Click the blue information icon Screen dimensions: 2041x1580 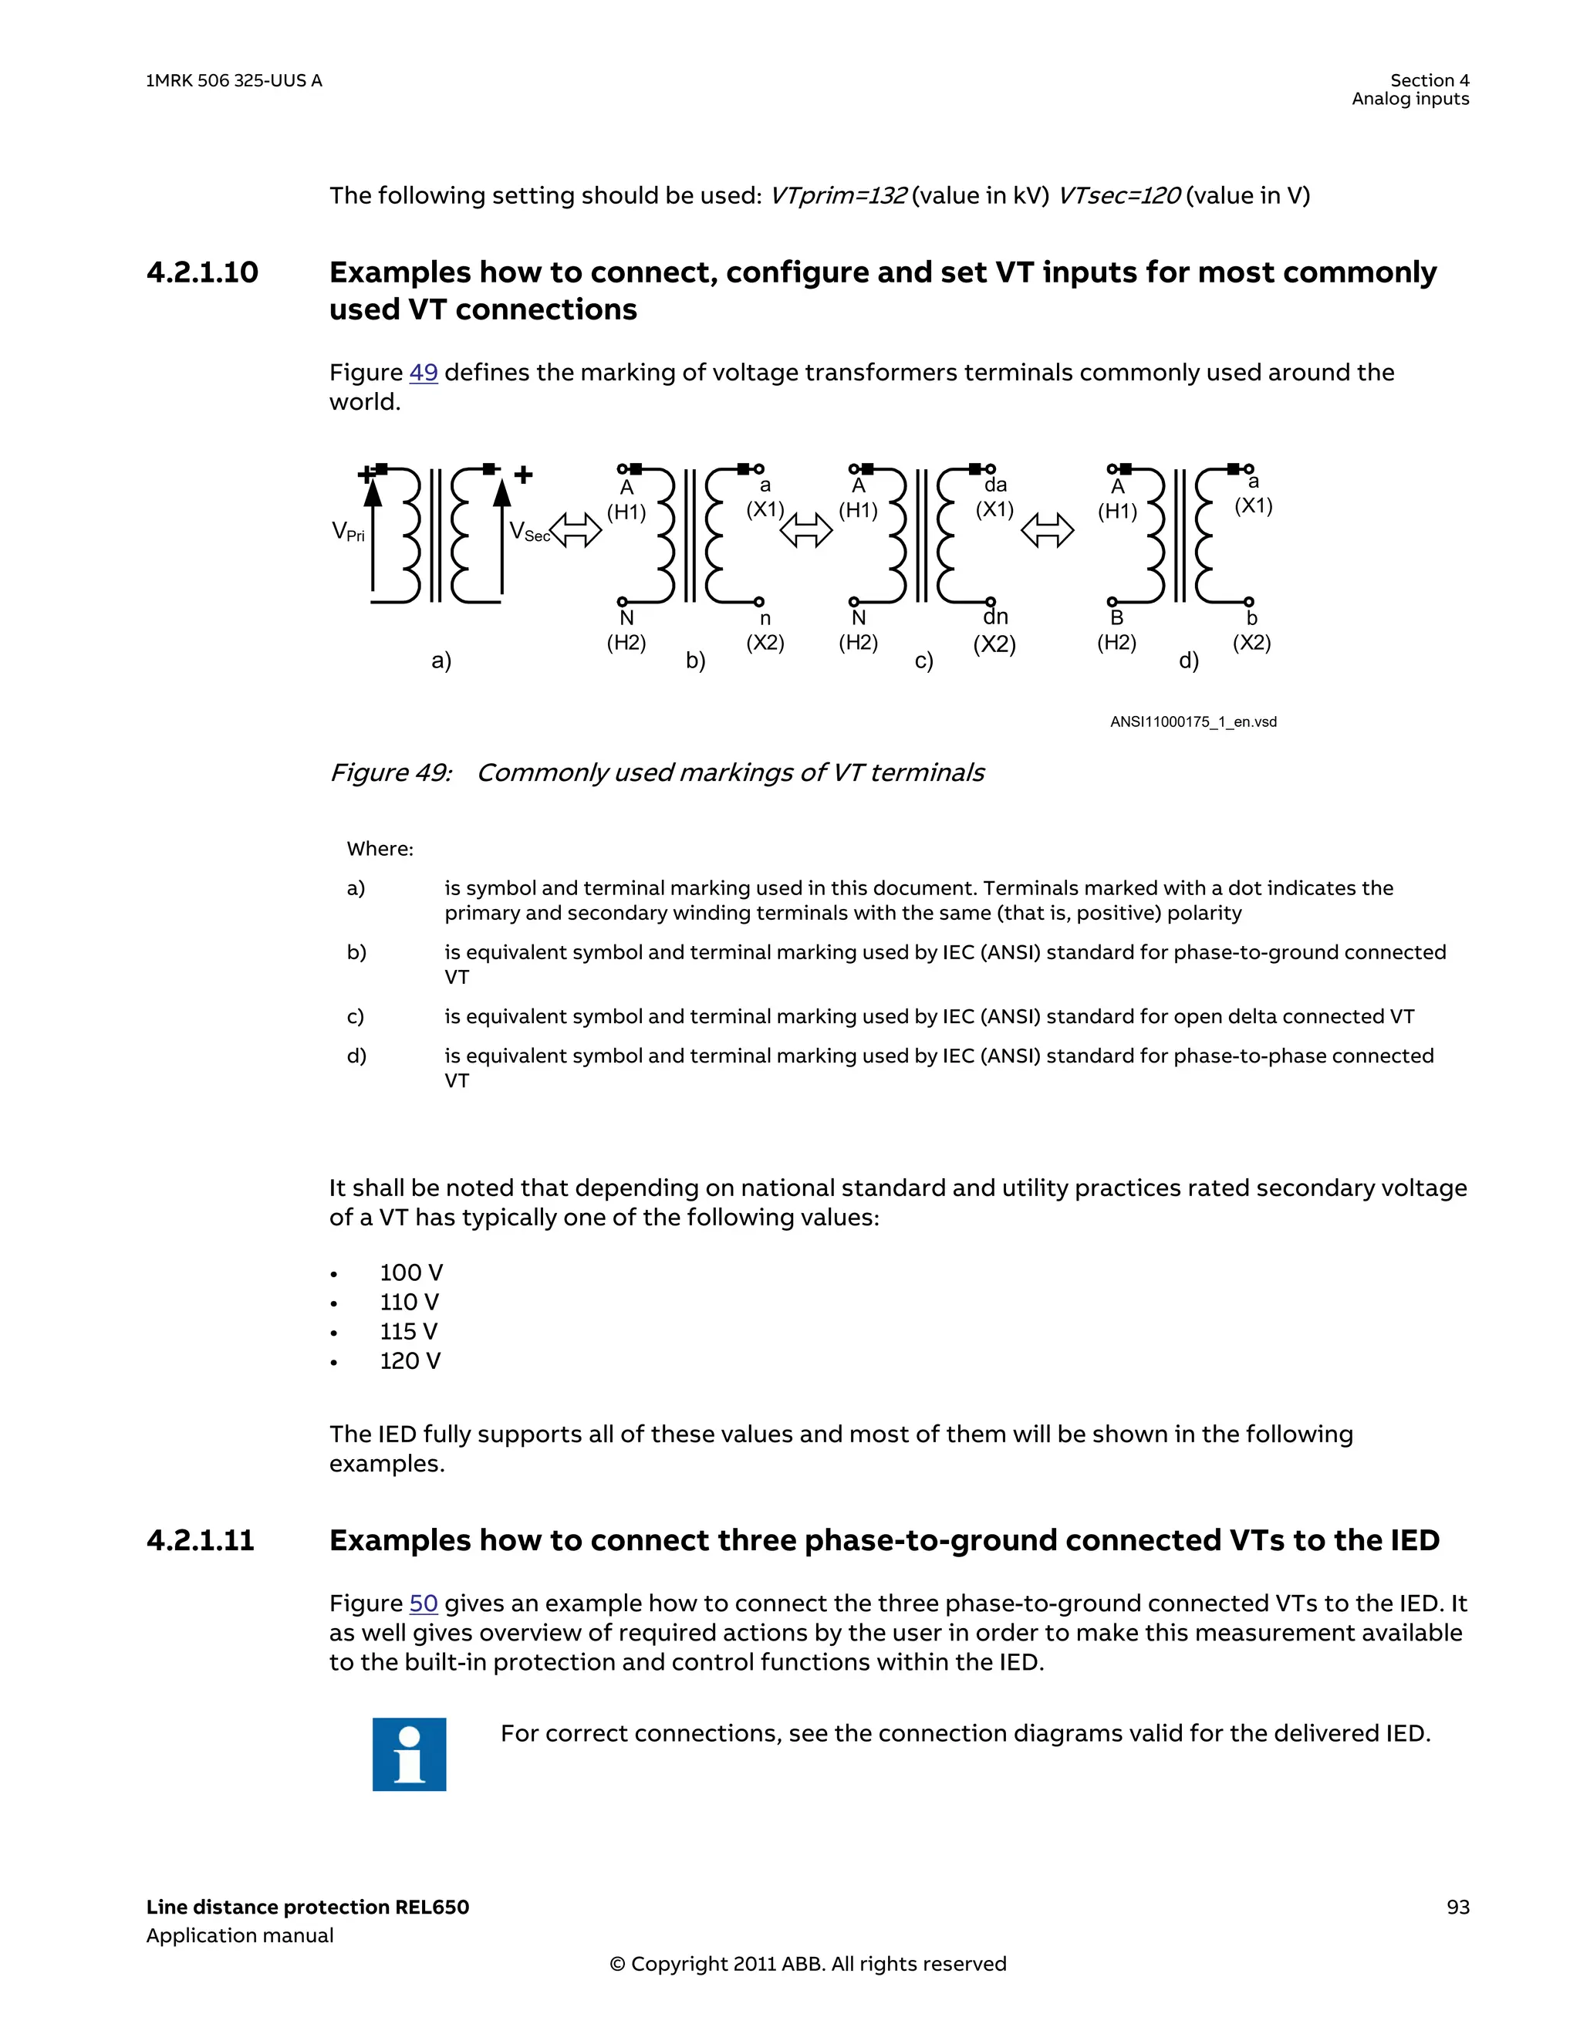(x=409, y=1754)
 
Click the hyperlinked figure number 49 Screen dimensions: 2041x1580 (x=424, y=373)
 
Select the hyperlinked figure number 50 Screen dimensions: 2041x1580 (x=424, y=1603)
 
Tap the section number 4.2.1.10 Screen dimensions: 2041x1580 (x=202, y=273)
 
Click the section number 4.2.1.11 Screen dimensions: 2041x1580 (x=200, y=1540)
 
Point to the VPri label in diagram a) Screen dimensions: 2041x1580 (x=348, y=532)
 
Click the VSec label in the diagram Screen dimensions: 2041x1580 (x=528, y=532)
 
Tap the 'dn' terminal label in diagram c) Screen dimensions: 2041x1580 (x=995, y=617)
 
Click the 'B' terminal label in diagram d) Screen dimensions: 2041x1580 (x=1116, y=618)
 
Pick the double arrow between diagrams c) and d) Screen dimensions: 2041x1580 (x=1048, y=531)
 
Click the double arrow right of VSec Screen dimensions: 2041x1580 (x=576, y=531)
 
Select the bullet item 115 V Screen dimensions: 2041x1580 (x=408, y=1332)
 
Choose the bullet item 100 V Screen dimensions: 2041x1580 (x=411, y=1272)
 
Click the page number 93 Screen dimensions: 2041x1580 (x=1457, y=1908)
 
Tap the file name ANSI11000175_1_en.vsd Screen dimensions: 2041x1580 (x=1193, y=722)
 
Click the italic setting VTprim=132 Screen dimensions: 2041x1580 (x=837, y=196)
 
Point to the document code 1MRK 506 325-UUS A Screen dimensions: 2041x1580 (x=234, y=81)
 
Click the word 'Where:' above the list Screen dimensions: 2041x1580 (x=380, y=850)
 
